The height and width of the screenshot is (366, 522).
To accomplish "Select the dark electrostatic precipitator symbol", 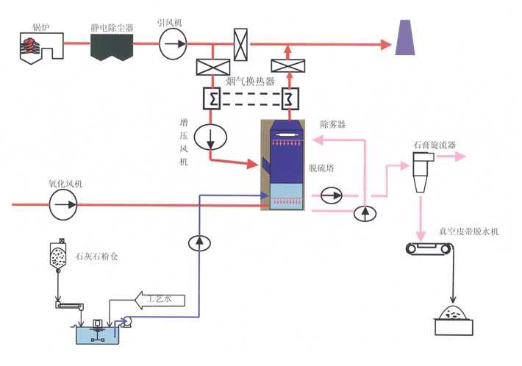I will (x=112, y=47).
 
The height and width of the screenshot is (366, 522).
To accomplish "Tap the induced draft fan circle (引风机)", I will (x=174, y=44).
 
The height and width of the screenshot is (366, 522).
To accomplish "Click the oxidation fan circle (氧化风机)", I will (x=63, y=204).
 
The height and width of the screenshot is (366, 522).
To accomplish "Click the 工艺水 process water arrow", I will (x=163, y=298).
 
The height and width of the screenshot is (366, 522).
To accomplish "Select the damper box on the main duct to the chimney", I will (x=240, y=40).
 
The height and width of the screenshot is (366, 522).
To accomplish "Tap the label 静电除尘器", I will (x=112, y=27).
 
